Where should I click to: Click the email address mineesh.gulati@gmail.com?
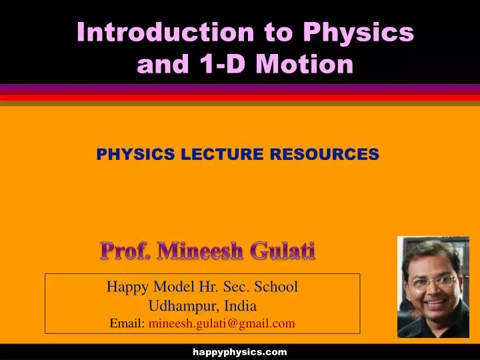pos(221,323)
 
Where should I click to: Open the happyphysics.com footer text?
pos(240,351)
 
